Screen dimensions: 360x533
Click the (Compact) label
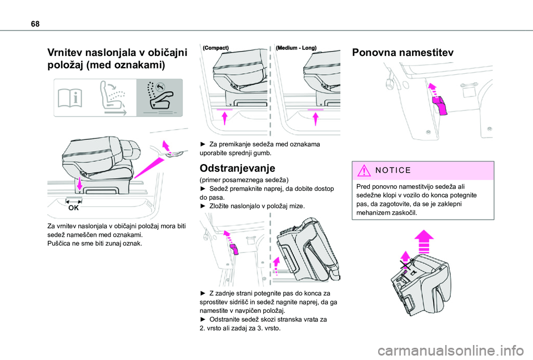216,48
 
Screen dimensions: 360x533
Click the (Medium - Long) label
296,48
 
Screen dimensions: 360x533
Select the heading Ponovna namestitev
403,53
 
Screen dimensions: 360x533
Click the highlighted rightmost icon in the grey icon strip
159,97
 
